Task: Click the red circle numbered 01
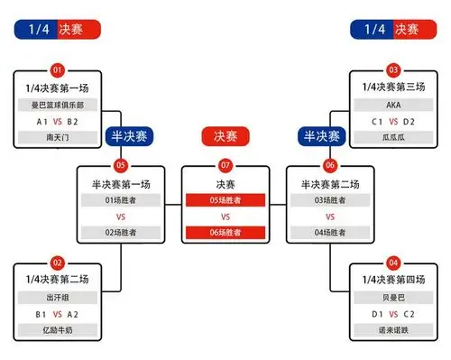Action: tap(58, 69)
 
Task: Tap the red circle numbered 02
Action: tap(58, 262)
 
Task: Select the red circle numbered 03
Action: tap(393, 69)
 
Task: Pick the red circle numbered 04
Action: tap(393, 262)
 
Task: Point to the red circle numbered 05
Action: tap(120, 166)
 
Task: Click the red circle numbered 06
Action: tap(330, 166)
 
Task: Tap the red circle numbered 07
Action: tap(225, 166)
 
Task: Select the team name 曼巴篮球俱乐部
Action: tap(58, 104)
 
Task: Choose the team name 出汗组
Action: tap(58, 296)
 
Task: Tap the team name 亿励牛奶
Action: tap(58, 330)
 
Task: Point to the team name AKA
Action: tap(393, 104)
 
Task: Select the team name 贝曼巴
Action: tap(393, 296)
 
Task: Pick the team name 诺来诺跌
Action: tap(393, 330)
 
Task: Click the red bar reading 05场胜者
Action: tap(225, 200)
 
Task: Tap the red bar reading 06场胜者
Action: tap(225, 233)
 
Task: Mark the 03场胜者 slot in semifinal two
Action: tap(330, 200)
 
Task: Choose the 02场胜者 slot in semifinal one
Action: tap(120, 233)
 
